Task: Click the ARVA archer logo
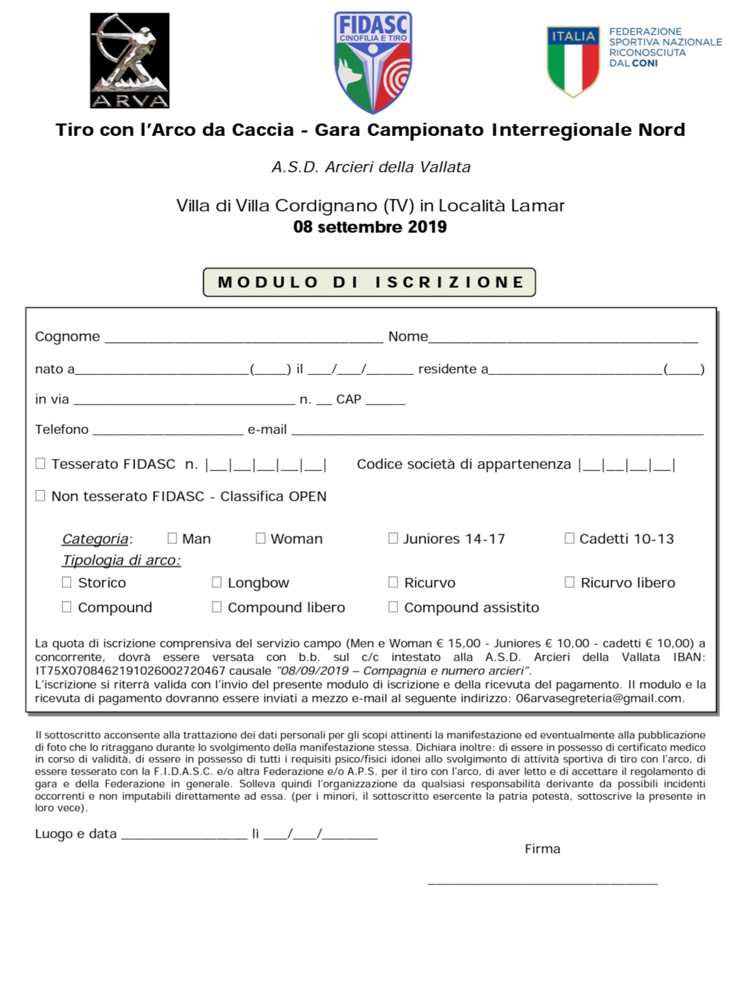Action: coord(130,60)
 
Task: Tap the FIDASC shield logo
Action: coord(373,62)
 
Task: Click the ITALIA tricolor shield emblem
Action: coord(573,61)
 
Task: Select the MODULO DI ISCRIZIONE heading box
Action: coord(369,282)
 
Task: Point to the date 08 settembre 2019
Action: coord(369,227)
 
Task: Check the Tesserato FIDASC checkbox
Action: coord(41,464)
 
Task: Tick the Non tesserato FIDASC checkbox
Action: coord(41,496)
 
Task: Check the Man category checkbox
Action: coord(172,538)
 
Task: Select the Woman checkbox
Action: coord(261,538)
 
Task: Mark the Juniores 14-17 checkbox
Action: coord(393,538)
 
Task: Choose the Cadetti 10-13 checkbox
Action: coord(570,538)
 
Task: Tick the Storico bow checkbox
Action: coord(67,582)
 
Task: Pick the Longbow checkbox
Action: coord(217,582)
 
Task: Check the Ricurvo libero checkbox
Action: coord(570,582)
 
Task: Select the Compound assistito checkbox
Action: coord(393,607)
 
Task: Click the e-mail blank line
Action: coord(497,431)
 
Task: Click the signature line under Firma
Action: coord(542,881)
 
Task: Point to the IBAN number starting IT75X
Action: coord(130,671)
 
